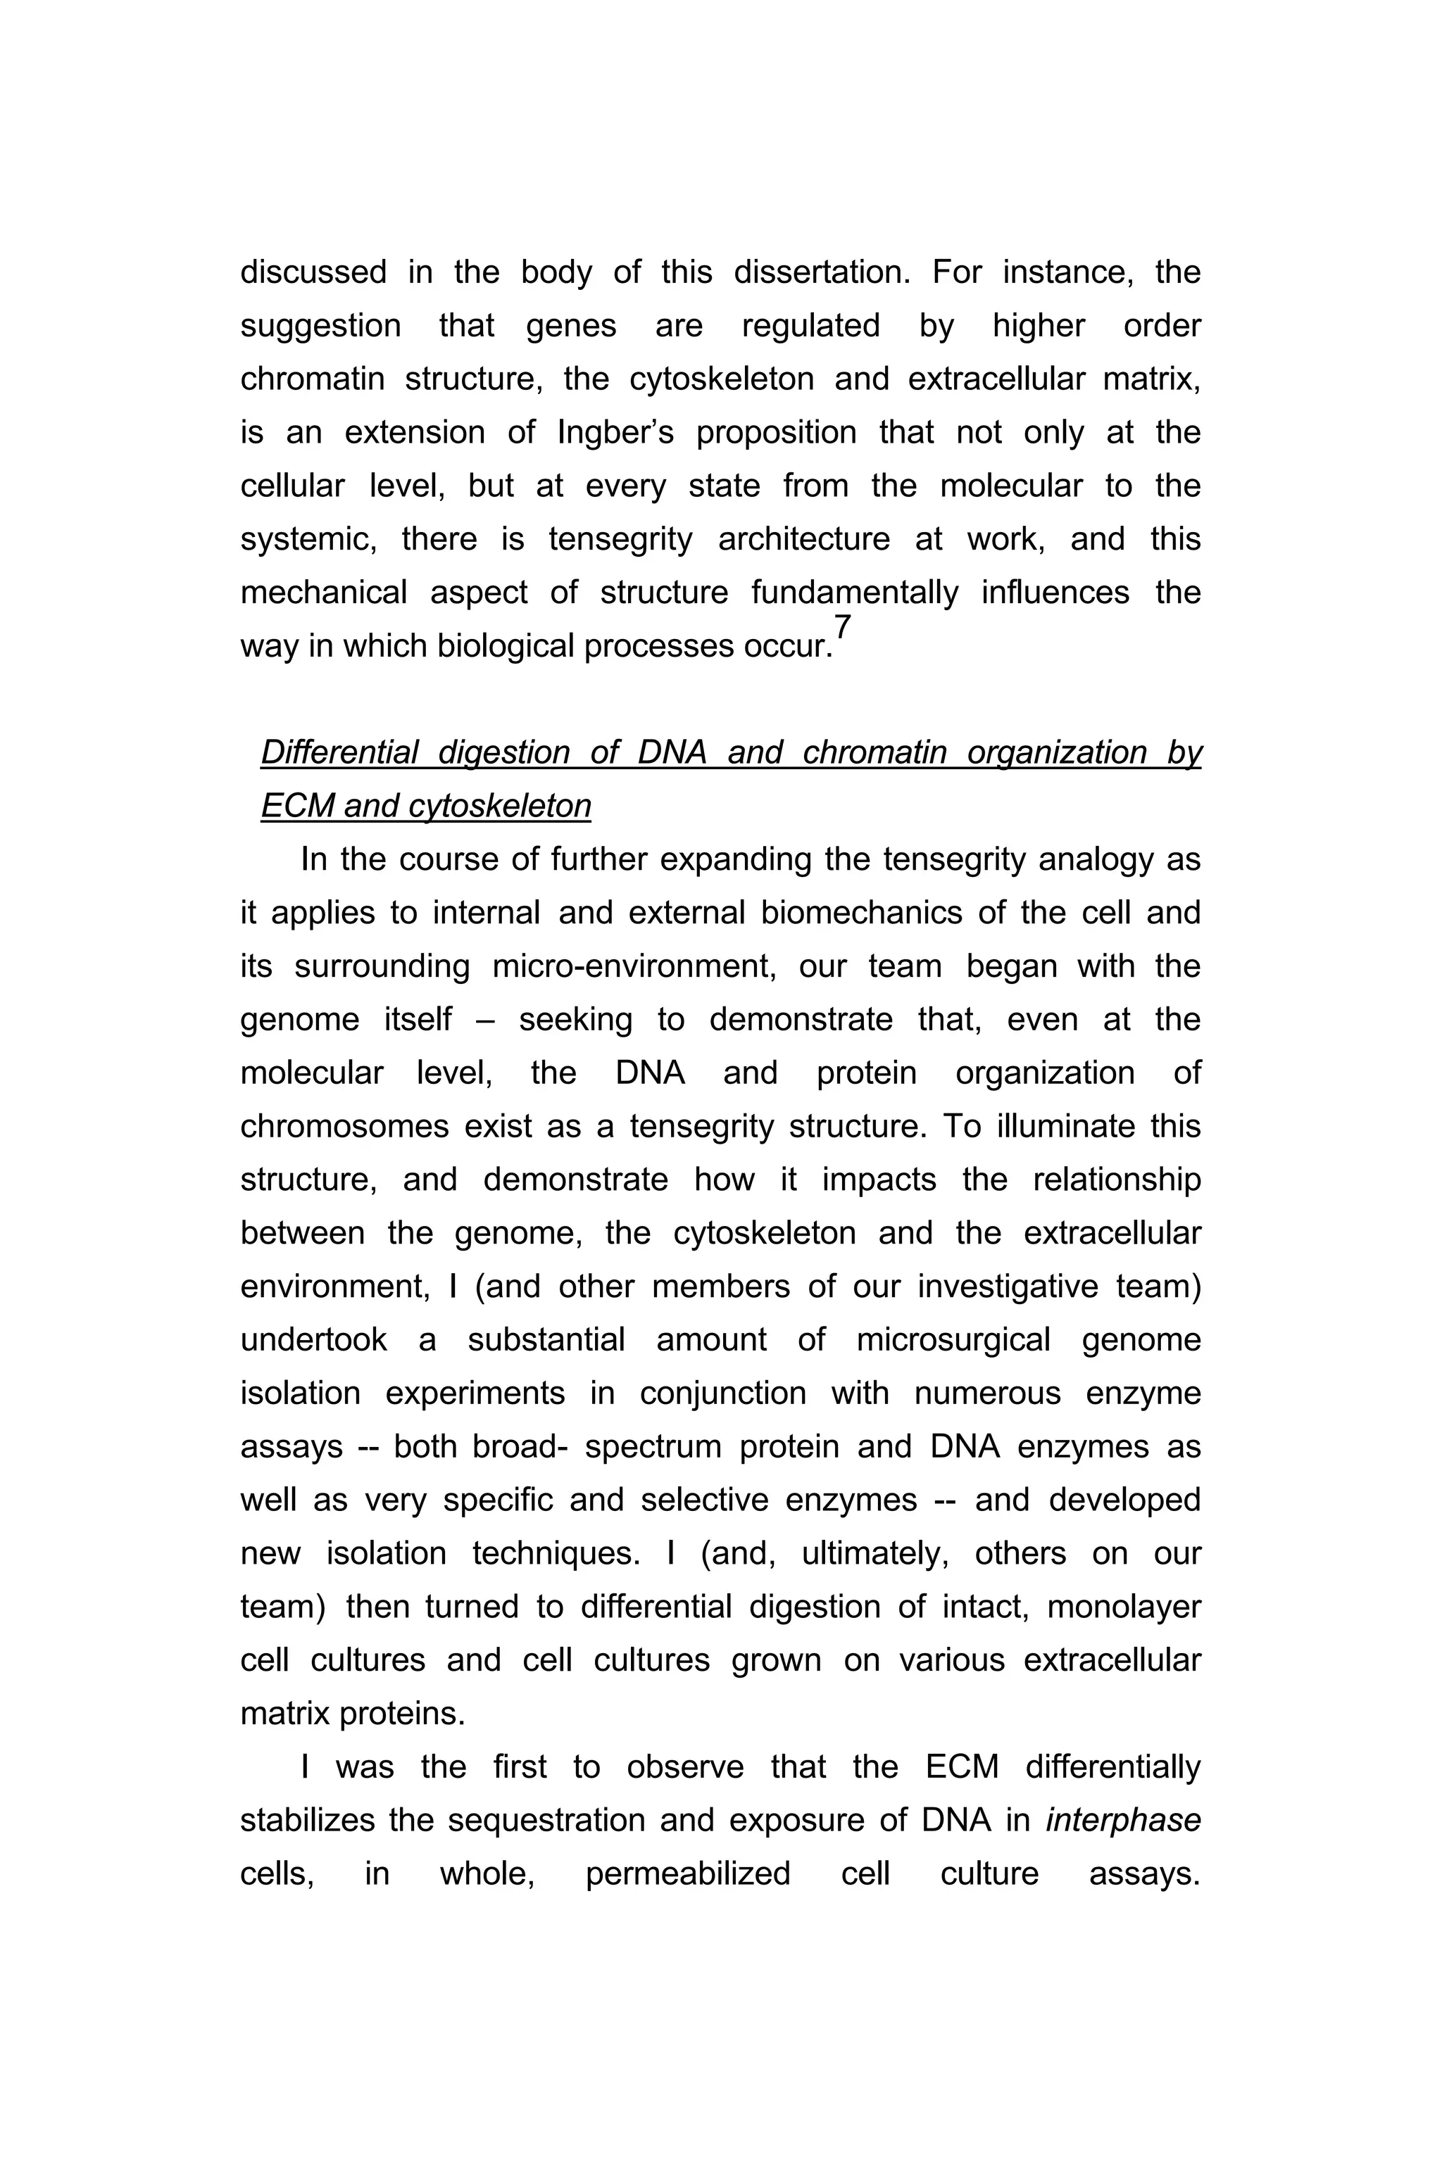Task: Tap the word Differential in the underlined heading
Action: pyautogui.click(x=339, y=753)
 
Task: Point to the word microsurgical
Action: pyautogui.click(x=953, y=1339)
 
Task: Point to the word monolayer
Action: pyautogui.click(x=1124, y=1606)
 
